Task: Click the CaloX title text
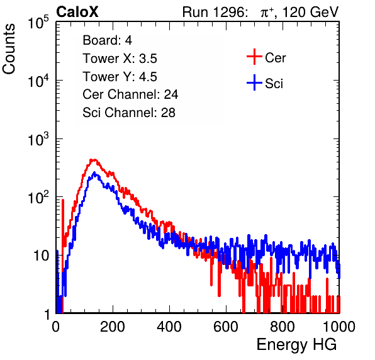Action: (77, 12)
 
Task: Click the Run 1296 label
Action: (214, 12)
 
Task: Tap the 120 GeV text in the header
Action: (311, 12)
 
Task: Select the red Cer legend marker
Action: (254, 57)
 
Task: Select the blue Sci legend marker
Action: (254, 82)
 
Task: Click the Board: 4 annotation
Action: (108, 40)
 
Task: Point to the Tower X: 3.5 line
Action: (120, 59)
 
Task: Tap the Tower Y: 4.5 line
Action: (120, 77)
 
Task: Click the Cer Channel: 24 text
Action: (130, 94)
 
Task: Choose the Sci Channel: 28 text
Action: (129, 113)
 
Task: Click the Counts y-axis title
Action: (9, 49)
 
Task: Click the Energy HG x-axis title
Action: (297, 345)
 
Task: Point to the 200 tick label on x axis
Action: (113, 327)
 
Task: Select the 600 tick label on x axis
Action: (226, 327)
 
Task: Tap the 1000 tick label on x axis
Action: (339, 327)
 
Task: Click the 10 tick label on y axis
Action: (42, 256)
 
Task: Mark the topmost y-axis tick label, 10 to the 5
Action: (38, 22)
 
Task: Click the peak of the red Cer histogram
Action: (93, 160)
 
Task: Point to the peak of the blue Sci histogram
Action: (94, 172)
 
